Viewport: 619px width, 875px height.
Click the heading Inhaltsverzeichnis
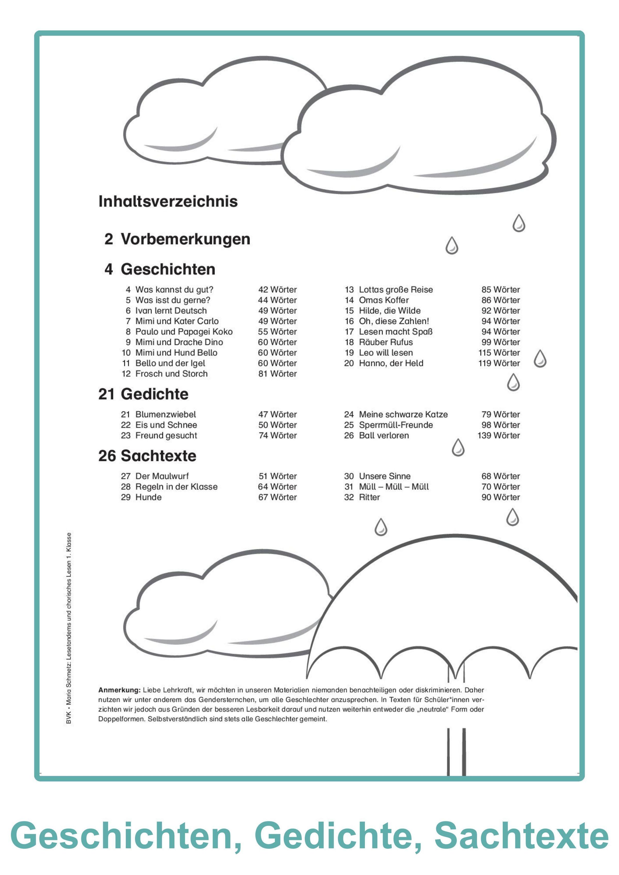click(168, 201)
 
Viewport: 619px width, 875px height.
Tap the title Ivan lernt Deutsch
click(171, 311)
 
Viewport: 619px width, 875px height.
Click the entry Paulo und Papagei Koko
click(184, 331)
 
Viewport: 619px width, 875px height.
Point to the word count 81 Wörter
click(277, 374)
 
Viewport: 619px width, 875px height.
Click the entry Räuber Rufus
click(386, 342)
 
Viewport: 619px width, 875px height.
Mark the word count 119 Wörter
click(499, 363)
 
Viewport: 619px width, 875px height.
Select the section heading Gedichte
click(154, 394)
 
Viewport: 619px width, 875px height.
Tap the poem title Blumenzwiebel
click(166, 414)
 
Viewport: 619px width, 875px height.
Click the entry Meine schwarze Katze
click(403, 414)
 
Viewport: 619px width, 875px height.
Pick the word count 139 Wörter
click(499, 435)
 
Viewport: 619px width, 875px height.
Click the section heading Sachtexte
click(158, 456)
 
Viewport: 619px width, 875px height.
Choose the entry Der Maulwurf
click(162, 476)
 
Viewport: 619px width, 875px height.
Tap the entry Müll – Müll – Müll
click(394, 487)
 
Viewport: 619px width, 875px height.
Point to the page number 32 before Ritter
click(349, 497)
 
